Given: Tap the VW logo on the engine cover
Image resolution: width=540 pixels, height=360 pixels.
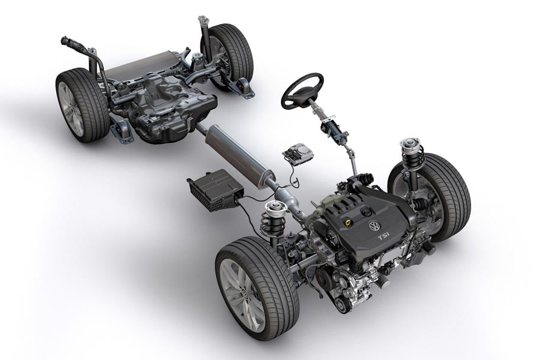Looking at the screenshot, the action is [x=374, y=226].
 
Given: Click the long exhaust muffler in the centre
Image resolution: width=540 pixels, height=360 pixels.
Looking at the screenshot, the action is [x=238, y=152].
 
